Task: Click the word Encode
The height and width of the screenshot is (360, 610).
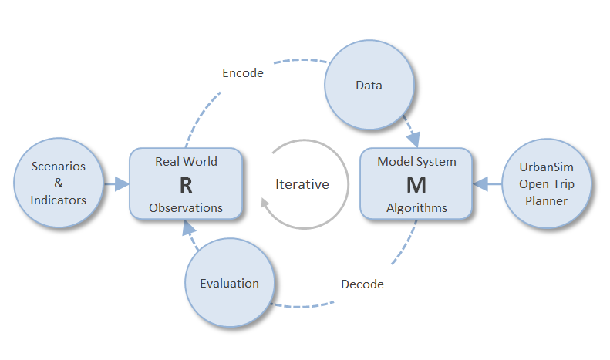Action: click(x=243, y=73)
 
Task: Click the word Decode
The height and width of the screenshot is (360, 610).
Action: click(x=362, y=284)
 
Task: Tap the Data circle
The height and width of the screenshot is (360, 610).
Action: click(x=369, y=85)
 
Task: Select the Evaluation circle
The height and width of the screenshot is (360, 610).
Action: click(x=230, y=283)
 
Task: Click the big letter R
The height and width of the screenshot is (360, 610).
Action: click(x=186, y=186)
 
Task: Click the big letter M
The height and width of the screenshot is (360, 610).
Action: click(x=416, y=186)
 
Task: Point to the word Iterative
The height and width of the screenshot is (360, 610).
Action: click(x=302, y=184)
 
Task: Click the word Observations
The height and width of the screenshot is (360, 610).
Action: click(x=186, y=208)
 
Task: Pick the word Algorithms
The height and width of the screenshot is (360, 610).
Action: click(x=416, y=208)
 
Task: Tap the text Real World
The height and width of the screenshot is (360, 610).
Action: click(x=187, y=161)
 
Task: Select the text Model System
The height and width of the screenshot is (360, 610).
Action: click(x=416, y=162)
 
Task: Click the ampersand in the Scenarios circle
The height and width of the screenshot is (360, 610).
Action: click(x=59, y=183)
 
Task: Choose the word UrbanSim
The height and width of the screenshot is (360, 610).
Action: click(x=546, y=167)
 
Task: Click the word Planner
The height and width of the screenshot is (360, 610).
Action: click(x=546, y=201)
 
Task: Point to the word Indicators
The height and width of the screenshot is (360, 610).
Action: click(x=59, y=200)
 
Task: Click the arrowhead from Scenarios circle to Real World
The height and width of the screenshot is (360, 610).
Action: click(x=122, y=184)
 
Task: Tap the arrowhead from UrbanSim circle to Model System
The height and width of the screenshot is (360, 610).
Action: click(x=480, y=184)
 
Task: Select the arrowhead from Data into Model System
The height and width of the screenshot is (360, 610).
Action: click(x=414, y=140)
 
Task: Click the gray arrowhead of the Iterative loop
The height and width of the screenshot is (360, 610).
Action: click(x=265, y=203)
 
